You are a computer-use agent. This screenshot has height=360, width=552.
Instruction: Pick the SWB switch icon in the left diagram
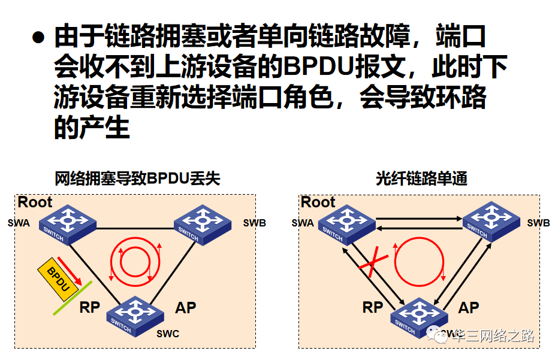[203, 224]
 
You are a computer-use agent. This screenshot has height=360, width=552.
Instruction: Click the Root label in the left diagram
[35, 202]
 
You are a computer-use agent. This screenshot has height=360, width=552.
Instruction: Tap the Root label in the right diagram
[318, 202]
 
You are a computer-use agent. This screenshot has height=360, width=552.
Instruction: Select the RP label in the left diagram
[89, 308]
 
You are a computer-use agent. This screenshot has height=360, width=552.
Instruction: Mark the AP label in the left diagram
[186, 308]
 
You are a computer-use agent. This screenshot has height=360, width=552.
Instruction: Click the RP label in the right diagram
[373, 308]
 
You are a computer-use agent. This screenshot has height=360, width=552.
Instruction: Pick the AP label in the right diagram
[469, 308]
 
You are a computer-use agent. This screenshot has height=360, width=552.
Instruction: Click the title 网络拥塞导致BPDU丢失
[137, 179]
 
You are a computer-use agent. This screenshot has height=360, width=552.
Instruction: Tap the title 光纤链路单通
[421, 179]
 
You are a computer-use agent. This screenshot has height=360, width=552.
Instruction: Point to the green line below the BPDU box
[72, 298]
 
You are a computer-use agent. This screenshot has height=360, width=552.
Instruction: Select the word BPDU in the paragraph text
[318, 68]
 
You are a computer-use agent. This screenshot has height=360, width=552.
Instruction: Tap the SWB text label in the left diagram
[255, 223]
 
